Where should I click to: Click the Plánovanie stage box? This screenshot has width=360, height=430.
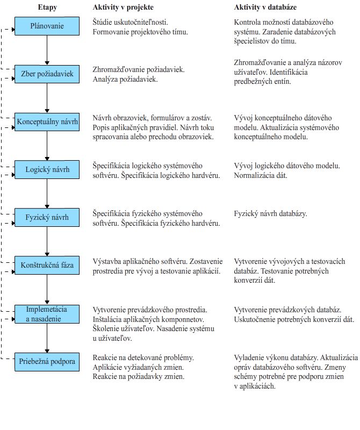[47, 25]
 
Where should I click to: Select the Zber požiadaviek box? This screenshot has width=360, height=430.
[47, 74]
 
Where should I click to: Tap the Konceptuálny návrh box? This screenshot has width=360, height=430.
[47, 121]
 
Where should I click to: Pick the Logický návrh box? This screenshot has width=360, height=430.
[47, 170]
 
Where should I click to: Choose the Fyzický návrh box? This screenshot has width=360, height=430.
[47, 218]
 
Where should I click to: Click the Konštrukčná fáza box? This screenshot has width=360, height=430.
[47, 266]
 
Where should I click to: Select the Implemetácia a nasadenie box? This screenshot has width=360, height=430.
[47, 314]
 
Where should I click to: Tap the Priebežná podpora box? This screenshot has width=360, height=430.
[47, 361]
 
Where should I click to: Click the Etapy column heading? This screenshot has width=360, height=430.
[48, 8]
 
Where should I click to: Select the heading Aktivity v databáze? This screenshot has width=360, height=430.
[266, 8]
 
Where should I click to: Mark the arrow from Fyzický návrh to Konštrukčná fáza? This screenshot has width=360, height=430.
[47, 242]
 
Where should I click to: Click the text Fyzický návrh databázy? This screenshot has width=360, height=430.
[270, 214]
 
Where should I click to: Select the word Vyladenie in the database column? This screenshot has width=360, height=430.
[251, 357]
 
